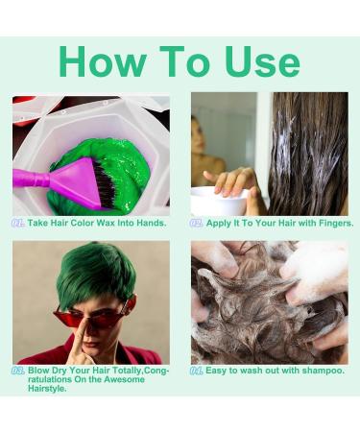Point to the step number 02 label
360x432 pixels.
point(197,223)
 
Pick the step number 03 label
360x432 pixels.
point(19,370)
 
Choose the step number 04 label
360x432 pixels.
point(197,370)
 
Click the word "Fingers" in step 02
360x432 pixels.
point(331,223)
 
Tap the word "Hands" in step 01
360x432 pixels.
point(145,223)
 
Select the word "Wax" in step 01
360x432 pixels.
point(103,223)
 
